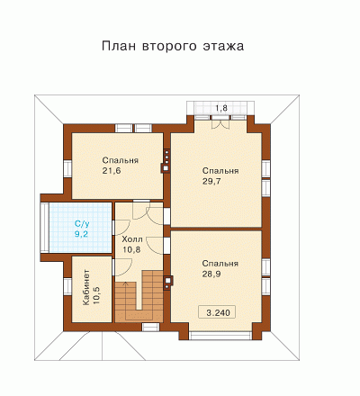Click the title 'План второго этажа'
[x=173, y=46]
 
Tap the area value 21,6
[x=112, y=171]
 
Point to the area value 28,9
[x=211, y=274]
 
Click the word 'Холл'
[x=132, y=239]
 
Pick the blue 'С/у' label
[x=82, y=224]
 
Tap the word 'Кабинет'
[x=86, y=288]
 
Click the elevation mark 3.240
[x=218, y=312]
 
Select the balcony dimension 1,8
[x=221, y=108]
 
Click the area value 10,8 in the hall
[x=131, y=249]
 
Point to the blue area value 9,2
[x=81, y=234]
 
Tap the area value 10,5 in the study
[x=96, y=295]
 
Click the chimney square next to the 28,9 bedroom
[x=167, y=280]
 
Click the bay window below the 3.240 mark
[x=220, y=336]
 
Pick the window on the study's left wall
[x=67, y=285]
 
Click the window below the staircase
[x=150, y=327]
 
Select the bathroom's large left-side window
[x=45, y=228]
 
